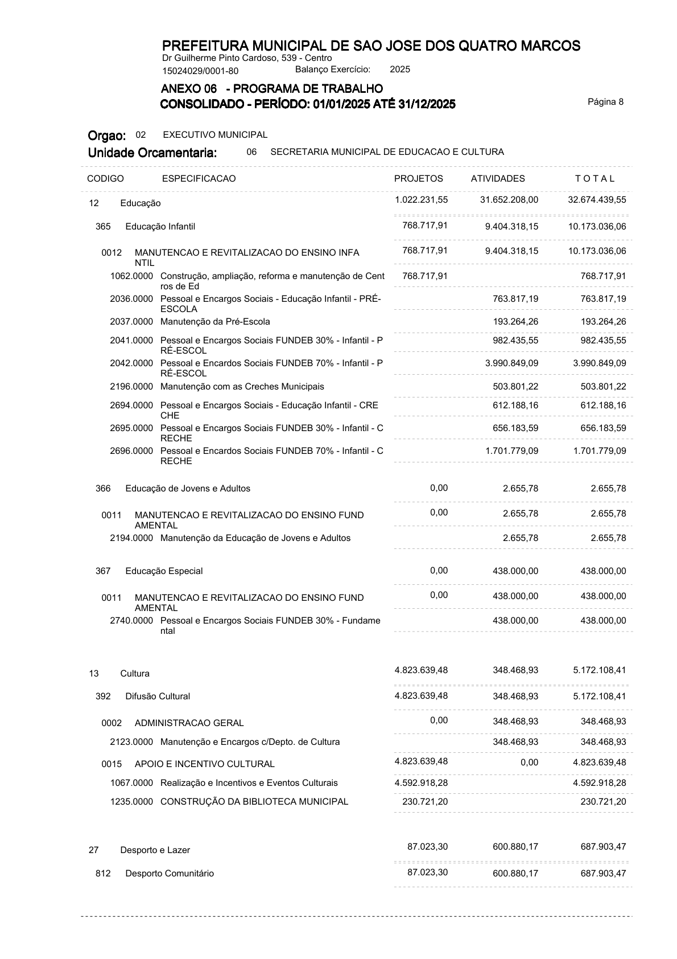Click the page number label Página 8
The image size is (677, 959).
pos(605,102)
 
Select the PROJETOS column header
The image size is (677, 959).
pos(418,179)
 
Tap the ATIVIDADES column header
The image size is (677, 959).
pos(498,179)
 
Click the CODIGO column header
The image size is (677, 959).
pos(105,179)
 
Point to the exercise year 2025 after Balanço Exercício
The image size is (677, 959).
pos(400,69)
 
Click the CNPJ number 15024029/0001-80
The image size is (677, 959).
pos(200,71)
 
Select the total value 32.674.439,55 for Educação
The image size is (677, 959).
pos(597,200)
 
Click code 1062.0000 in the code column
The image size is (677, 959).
pos(131,276)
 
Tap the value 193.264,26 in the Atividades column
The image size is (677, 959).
pos(515,322)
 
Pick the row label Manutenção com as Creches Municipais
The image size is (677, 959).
pos(242,387)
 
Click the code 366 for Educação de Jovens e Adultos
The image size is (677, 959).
pos(103,489)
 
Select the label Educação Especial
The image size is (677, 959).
pos(164,571)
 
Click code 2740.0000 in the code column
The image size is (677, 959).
pos(131,621)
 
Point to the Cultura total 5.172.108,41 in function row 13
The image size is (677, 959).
pos(599,670)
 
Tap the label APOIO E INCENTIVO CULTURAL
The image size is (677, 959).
pos(204,764)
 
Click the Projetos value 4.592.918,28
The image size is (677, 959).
pos(421,783)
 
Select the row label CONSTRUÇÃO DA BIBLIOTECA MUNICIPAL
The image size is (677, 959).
pos(254,802)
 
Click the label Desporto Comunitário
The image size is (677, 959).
pos(170,874)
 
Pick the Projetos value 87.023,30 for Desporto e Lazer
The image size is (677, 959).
pos(427,847)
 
